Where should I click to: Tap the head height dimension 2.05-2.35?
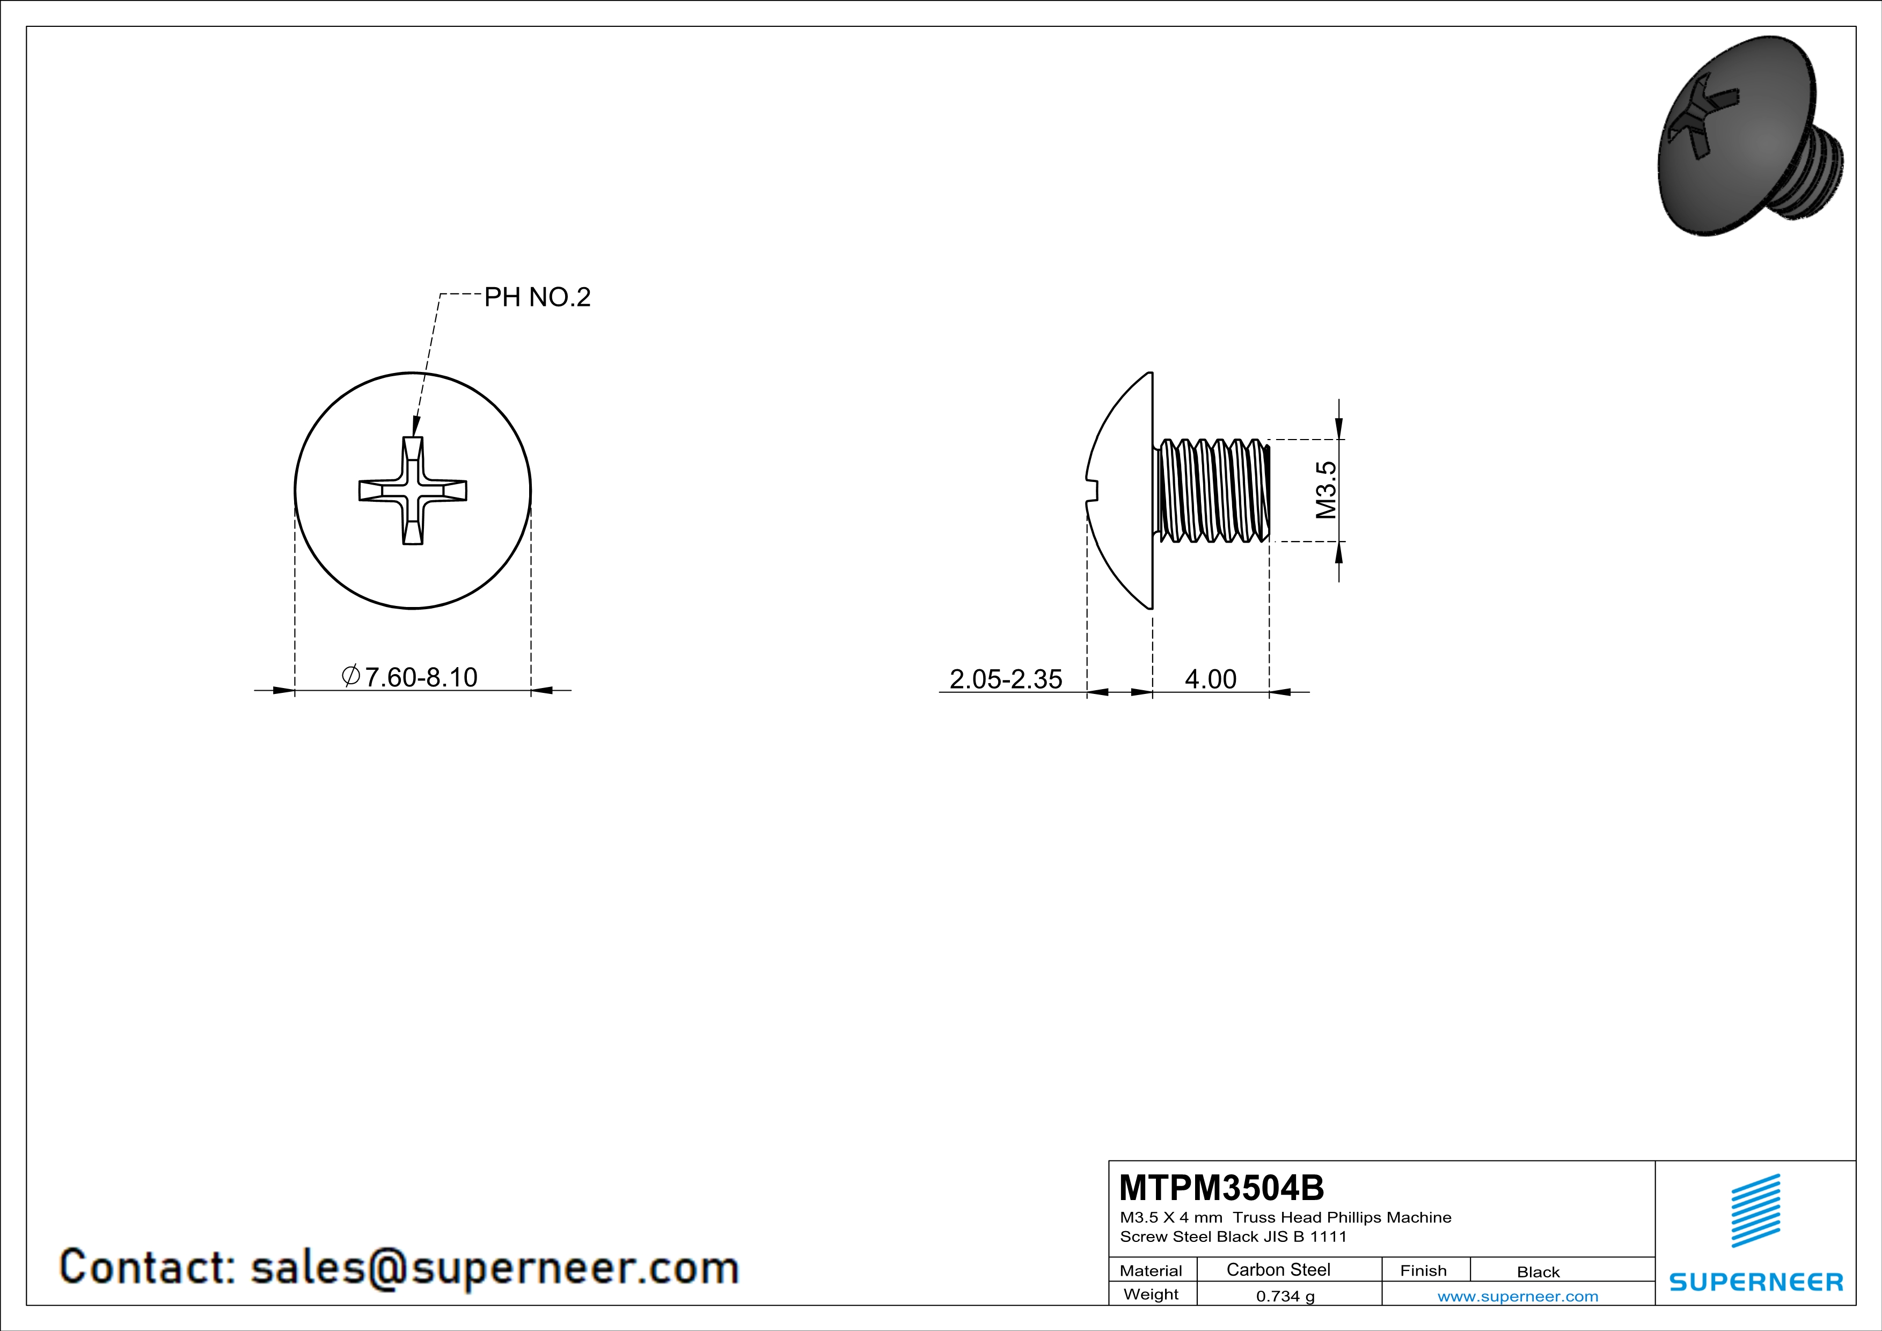pos(1005,678)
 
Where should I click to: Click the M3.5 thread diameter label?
pos(1326,490)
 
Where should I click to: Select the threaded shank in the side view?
pos(1212,490)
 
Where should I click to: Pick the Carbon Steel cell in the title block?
pos(1278,1269)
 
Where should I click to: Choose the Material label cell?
pos(1151,1270)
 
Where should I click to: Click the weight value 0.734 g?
pos(1285,1296)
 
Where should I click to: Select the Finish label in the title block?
pos(1423,1270)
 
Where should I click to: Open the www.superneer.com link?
pos(1517,1296)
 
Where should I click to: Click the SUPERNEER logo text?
pos(1756,1282)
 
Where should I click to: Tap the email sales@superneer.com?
pos(494,1267)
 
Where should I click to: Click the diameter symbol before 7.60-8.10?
pos(351,676)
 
